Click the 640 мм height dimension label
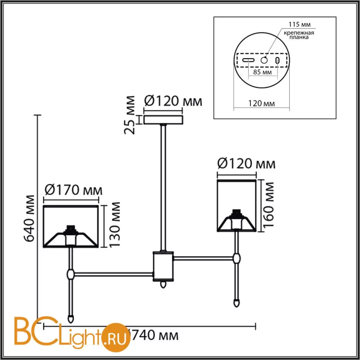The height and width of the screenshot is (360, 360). click(30, 218)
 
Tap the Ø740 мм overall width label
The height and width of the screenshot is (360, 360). click(154, 335)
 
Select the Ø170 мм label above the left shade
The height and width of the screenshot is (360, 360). click(74, 190)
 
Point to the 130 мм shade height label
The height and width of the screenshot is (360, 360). click(114, 225)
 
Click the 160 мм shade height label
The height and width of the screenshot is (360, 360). click(269, 205)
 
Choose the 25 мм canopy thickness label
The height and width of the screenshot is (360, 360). click(129, 115)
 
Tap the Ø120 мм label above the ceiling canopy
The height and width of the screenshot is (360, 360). click(173, 102)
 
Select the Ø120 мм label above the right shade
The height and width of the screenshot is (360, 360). click(246, 164)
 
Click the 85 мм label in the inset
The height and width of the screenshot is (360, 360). click(262, 72)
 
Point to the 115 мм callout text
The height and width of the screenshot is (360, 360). click(300, 24)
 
